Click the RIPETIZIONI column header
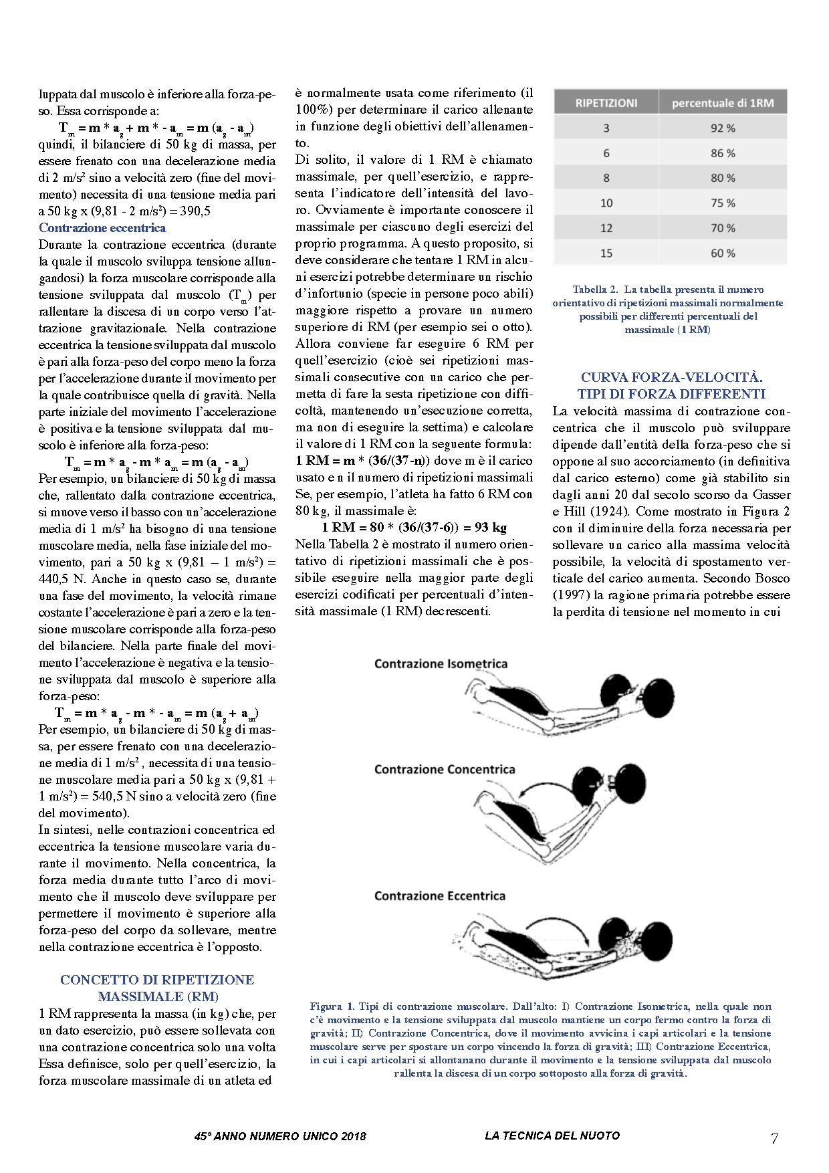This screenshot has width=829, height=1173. [606, 103]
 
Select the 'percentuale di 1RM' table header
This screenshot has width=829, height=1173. [722, 103]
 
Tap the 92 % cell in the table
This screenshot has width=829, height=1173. [722, 128]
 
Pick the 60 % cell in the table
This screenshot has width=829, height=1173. [722, 253]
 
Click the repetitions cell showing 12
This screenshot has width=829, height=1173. [606, 228]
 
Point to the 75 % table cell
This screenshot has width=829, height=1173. [722, 203]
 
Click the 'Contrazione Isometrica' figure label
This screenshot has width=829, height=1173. [441, 664]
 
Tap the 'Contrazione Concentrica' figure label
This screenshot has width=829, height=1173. [444, 770]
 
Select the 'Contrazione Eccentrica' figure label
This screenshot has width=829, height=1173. [439, 896]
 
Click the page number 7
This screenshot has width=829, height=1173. [774, 1139]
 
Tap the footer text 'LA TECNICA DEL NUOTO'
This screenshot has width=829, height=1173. [552, 1136]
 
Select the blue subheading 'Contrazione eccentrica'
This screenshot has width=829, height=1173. [102, 228]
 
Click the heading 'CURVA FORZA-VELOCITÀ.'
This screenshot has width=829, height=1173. [671, 378]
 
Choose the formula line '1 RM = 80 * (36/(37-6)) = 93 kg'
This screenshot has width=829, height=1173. [414, 528]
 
